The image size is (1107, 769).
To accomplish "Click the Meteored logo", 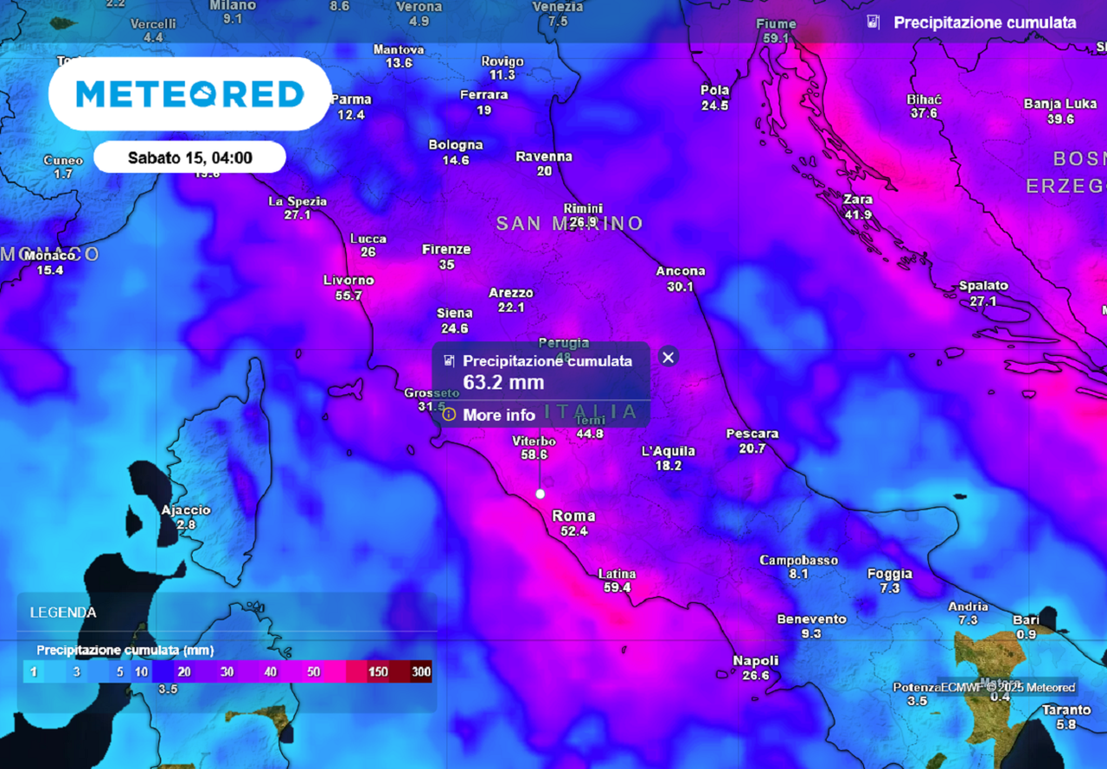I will pyautogui.click(x=189, y=94).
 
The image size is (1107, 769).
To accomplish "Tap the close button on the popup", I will pyautogui.click(x=668, y=357).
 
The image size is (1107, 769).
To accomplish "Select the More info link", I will pyautogui.click(x=498, y=415).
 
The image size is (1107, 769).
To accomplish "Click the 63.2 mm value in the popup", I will pyautogui.click(x=504, y=382).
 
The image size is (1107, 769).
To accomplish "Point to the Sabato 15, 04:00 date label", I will pyautogui.click(x=189, y=158).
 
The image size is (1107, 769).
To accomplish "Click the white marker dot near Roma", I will pyautogui.click(x=541, y=494).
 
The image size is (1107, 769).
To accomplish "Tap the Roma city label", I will pyautogui.click(x=573, y=516).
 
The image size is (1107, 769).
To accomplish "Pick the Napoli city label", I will pyautogui.click(x=755, y=660).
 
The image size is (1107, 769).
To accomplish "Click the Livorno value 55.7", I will pyautogui.click(x=349, y=296).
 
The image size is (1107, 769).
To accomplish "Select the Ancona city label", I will pyautogui.click(x=680, y=271).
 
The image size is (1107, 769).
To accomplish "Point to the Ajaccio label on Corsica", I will pyautogui.click(x=185, y=510).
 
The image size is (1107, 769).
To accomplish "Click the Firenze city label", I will pyautogui.click(x=446, y=250).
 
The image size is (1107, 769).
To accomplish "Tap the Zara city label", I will pyautogui.click(x=858, y=200).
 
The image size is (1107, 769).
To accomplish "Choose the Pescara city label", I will pyautogui.click(x=752, y=434).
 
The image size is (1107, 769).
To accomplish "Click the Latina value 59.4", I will pyautogui.click(x=617, y=588).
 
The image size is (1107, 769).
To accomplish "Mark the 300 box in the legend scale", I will pyautogui.click(x=421, y=671).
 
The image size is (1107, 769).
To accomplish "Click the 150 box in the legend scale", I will pyautogui.click(x=378, y=671).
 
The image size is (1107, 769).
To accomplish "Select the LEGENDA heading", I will pyautogui.click(x=63, y=613).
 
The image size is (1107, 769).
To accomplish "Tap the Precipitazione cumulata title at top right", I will pyautogui.click(x=984, y=22).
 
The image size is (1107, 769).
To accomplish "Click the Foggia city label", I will pyautogui.click(x=889, y=574).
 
